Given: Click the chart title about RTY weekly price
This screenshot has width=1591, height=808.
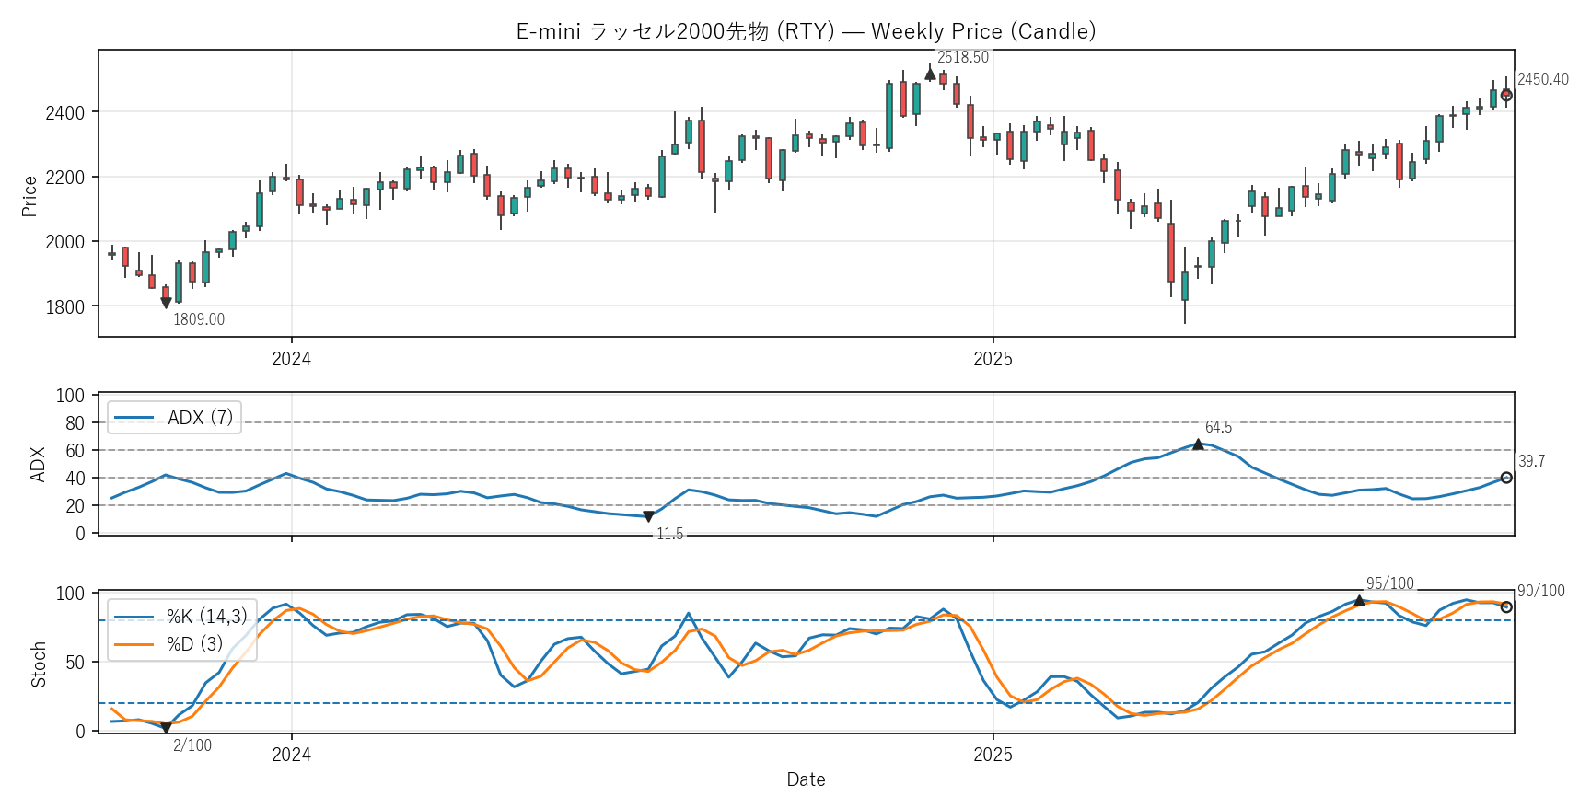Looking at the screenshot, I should [806, 31].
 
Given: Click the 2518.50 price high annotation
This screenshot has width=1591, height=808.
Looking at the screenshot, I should [962, 57].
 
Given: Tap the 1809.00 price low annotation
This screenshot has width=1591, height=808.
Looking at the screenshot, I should [199, 319].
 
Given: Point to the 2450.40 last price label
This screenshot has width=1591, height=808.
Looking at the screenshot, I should [1542, 79].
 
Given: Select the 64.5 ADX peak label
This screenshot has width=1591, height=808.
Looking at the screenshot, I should [1218, 427].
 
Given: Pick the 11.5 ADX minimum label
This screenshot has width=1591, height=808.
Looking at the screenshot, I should [669, 534].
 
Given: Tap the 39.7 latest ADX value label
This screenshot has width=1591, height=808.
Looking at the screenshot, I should [1531, 461].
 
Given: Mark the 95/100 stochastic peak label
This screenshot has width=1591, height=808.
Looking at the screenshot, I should [1389, 583].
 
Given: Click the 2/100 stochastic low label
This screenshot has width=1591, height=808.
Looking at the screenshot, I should [192, 745].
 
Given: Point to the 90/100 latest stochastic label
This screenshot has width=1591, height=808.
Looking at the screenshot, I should [1540, 591].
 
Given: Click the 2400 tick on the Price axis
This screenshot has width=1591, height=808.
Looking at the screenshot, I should [64, 113].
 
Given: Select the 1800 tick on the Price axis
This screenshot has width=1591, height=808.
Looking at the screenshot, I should [64, 307].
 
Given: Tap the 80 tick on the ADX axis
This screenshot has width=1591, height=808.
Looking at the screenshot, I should [75, 423].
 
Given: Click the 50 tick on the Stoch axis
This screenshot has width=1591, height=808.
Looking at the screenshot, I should [75, 663].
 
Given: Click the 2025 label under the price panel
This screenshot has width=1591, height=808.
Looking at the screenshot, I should [993, 359].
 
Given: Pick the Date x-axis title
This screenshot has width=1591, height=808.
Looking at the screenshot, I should [806, 779].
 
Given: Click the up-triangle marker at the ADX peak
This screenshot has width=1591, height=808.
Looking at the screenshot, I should [1198, 444].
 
